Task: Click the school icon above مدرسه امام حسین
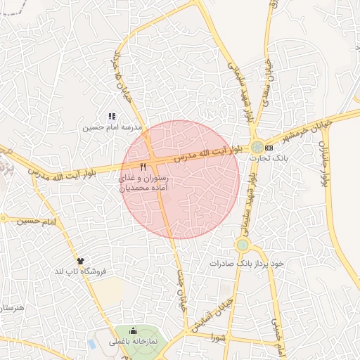pos(111,116)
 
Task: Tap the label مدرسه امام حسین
pos(112,128)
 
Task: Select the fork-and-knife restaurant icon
pos(143,167)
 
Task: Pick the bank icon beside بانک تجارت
pos(269,148)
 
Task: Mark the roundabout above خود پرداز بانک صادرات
pos(243,245)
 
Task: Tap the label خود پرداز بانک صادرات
pos(245,263)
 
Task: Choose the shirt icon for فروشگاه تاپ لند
pos(80,261)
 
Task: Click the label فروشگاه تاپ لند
pos(79,271)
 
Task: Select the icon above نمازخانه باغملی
pos(134,330)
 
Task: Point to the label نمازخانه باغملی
pos(137,341)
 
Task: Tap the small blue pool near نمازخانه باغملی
pos(92,344)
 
